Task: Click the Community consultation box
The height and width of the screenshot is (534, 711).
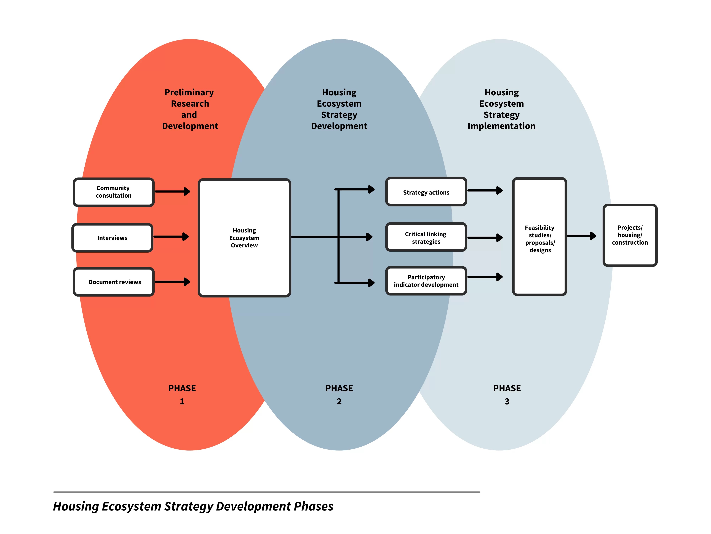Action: (113, 192)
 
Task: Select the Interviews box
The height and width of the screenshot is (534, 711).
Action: (112, 238)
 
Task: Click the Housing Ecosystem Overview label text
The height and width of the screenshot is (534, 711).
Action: (244, 238)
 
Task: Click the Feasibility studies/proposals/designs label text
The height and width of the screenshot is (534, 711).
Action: (540, 239)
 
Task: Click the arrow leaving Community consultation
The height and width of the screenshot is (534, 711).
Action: (172, 192)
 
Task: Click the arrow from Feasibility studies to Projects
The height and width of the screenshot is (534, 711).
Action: (581, 236)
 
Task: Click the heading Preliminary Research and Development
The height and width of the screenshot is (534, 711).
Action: (190, 109)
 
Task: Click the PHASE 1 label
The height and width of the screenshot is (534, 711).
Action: (182, 394)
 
